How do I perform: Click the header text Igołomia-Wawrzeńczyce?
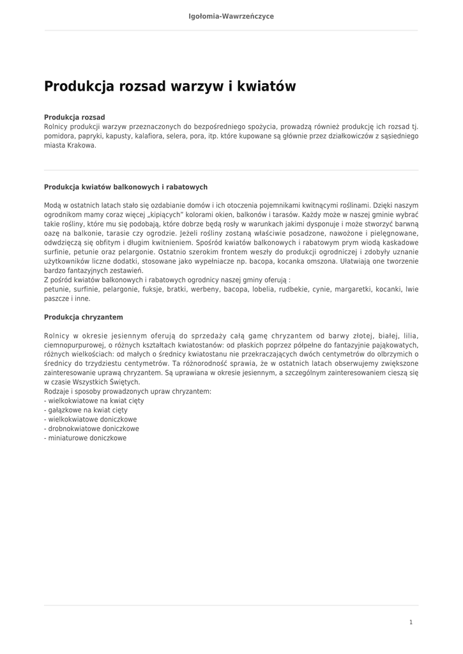tap(231, 16)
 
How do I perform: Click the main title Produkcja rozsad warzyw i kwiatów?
tap(170, 86)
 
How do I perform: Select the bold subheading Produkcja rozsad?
tap(74, 118)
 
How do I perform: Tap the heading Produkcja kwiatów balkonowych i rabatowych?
tap(125, 187)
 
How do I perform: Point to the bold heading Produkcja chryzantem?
tap(83, 317)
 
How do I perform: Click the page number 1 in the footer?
tap(411, 622)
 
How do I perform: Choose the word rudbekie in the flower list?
tap(291, 289)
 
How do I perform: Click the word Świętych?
tap(122, 382)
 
